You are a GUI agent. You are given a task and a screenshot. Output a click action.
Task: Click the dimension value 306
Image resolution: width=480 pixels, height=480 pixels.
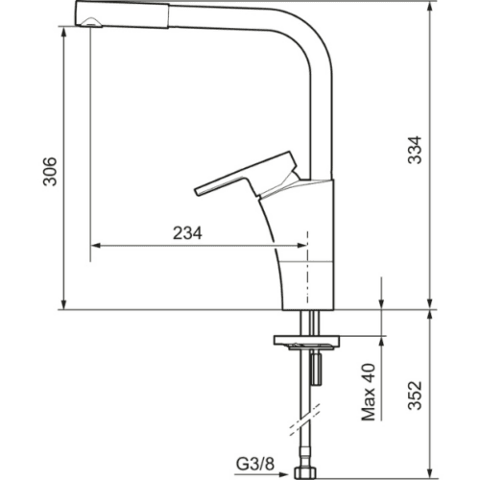click(50, 172)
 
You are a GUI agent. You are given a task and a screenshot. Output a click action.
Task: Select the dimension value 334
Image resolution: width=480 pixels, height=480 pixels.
click(415, 150)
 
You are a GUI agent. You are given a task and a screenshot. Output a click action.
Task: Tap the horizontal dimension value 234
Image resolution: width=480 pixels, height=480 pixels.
click(187, 233)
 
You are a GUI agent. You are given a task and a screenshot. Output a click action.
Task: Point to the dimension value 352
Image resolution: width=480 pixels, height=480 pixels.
click(415, 396)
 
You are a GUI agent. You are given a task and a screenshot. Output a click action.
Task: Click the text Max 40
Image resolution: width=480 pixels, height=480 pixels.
click(369, 392)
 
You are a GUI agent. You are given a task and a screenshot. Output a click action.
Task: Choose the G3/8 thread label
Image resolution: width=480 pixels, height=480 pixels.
click(255, 464)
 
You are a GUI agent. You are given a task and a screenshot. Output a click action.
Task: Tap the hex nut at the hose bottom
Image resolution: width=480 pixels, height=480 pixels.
click(306, 474)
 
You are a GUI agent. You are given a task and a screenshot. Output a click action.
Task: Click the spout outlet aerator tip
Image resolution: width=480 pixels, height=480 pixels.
click(91, 22)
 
